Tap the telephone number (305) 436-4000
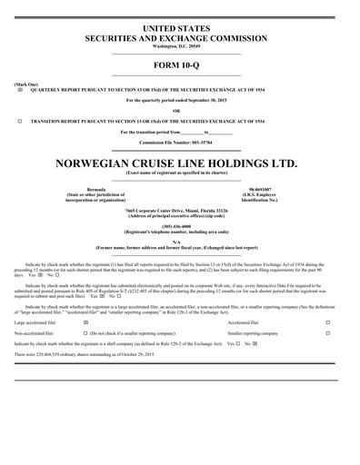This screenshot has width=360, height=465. pos(179,226)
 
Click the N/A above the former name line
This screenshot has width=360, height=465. pos(179,242)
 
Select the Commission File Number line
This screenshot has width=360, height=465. pos(179,142)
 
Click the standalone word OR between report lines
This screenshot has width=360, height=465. pos(179,111)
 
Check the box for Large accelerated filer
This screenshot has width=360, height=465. pos(85,297)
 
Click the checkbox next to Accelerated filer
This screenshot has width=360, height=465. pos(328,297)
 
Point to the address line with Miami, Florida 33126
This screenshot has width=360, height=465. pos(179,209)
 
